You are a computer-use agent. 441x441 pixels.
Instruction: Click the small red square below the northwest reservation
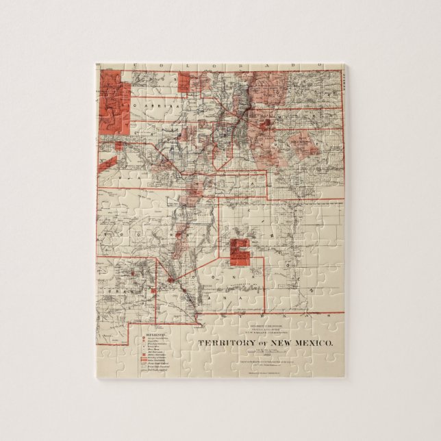tap(118, 146)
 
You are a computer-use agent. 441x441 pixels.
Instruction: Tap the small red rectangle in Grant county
tap(153, 290)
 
